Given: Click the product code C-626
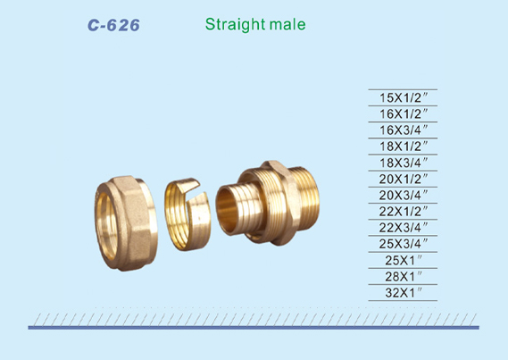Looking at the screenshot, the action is point(113,25).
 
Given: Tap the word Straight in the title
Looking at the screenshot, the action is point(235,24).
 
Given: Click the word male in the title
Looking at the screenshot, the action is point(287,24).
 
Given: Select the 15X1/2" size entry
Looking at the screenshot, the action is point(404,97).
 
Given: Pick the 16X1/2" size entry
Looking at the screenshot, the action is point(404,113).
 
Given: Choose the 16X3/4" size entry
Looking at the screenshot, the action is point(404,130).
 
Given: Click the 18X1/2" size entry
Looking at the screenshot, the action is point(404,147).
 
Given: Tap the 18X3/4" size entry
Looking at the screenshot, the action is point(404,163).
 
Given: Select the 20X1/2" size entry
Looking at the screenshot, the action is point(404,179).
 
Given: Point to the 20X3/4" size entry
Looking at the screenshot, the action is point(404,195).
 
